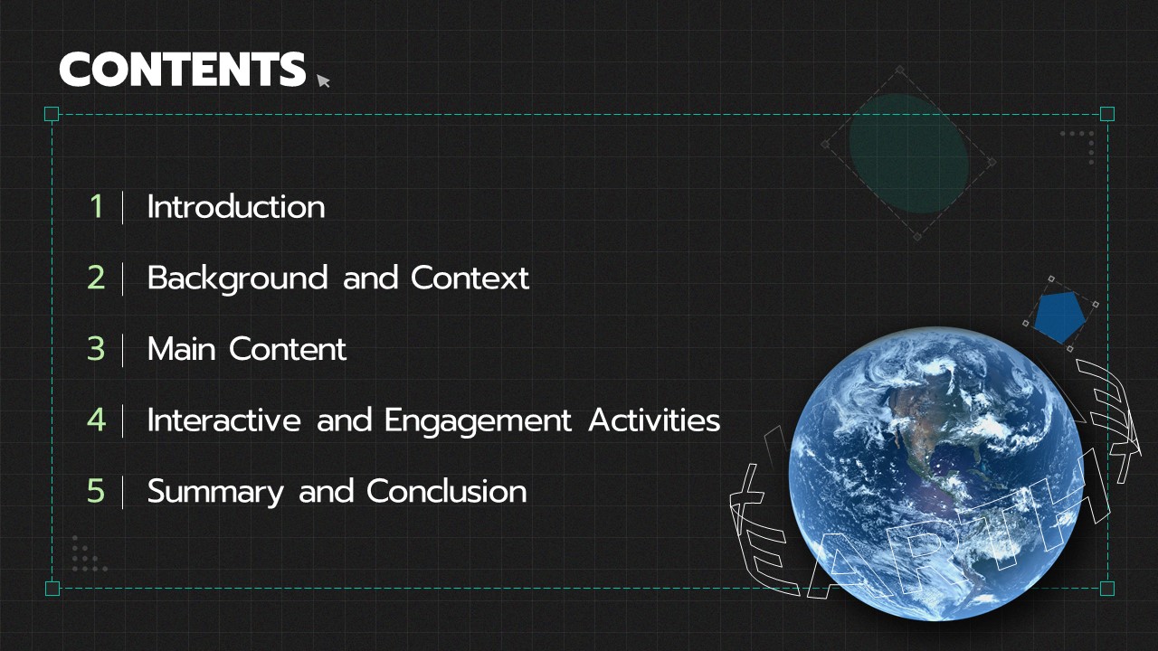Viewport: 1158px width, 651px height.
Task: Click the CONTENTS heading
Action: point(183,70)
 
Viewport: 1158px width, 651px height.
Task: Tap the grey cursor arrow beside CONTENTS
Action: point(323,80)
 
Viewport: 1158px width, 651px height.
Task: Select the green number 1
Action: point(97,207)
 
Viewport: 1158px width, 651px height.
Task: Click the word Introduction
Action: point(236,207)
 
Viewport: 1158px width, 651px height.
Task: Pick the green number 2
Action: point(96,278)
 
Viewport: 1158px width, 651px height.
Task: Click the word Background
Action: point(238,279)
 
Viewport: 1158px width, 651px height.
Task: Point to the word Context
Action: point(470,278)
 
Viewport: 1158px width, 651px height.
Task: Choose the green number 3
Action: point(96,349)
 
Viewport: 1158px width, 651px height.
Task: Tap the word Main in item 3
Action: point(182,349)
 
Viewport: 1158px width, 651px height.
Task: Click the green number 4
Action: point(97,420)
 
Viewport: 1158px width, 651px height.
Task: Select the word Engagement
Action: point(479,421)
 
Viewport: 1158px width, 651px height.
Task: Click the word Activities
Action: point(654,420)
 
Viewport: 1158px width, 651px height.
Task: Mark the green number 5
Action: point(96,491)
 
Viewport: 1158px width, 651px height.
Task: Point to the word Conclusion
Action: point(447,491)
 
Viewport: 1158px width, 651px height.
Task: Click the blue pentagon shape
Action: point(1059,316)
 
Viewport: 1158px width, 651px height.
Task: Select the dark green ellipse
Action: point(909,154)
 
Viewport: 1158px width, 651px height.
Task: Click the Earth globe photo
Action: point(935,473)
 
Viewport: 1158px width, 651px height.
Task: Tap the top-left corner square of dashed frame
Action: point(52,114)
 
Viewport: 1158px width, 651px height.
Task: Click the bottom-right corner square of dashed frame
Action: point(1106,589)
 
